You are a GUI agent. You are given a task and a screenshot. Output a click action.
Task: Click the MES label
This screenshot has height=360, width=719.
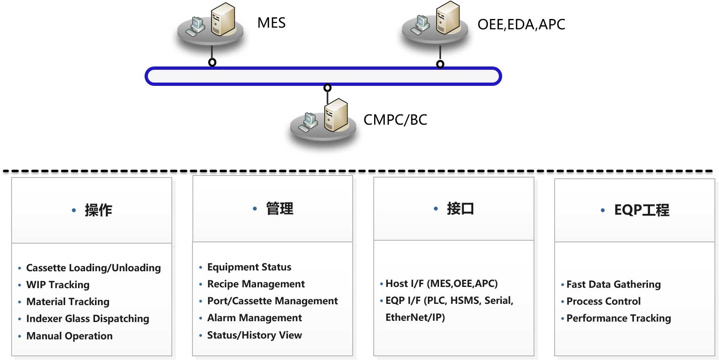click(271, 23)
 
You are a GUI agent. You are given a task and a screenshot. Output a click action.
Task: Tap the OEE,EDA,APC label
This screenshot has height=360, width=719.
click(521, 24)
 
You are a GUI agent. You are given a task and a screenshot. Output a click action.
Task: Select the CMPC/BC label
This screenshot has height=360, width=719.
click(395, 120)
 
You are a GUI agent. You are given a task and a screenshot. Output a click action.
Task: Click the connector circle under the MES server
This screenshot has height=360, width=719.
click(212, 62)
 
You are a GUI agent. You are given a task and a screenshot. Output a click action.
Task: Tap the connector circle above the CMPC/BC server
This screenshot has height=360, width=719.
click(327, 88)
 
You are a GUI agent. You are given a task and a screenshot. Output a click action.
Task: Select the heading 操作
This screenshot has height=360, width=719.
click(98, 210)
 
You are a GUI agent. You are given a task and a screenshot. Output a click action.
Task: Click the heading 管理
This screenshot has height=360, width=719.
click(280, 208)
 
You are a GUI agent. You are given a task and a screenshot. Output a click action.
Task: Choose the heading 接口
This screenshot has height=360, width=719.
click(460, 208)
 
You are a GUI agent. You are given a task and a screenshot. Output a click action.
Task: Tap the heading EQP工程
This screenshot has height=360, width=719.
click(642, 210)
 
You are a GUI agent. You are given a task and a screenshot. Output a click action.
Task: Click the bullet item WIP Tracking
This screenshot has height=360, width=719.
click(58, 285)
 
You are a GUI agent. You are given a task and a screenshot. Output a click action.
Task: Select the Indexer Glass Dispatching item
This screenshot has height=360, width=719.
click(88, 319)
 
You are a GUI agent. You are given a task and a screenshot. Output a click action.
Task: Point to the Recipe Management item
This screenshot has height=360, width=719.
click(256, 284)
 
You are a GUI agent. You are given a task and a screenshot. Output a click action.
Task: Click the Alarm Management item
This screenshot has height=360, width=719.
click(254, 318)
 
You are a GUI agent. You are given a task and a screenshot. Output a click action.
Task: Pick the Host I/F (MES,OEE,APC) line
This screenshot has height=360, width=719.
click(441, 284)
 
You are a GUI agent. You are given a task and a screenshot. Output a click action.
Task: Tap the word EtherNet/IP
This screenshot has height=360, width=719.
click(415, 317)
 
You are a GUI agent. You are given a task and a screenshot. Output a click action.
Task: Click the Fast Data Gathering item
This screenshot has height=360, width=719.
click(614, 284)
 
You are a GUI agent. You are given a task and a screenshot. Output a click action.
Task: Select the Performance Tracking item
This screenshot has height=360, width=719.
click(619, 318)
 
